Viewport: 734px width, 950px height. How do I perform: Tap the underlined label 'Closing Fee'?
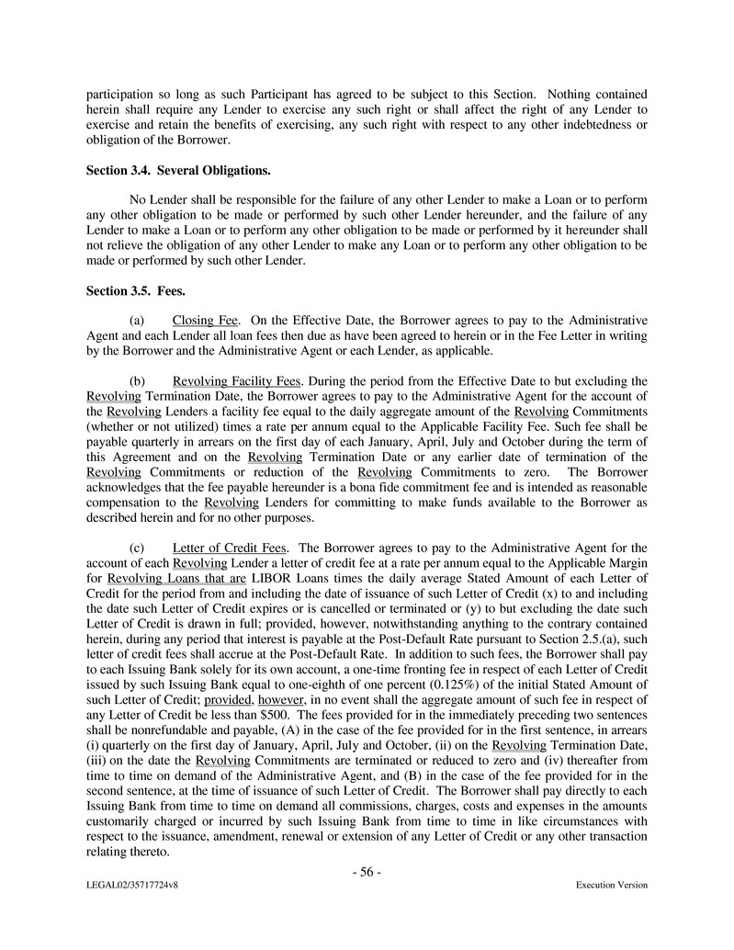click(205, 320)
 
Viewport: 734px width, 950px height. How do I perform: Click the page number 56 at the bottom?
click(367, 872)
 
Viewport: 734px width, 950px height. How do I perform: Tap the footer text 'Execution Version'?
click(611, 886)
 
